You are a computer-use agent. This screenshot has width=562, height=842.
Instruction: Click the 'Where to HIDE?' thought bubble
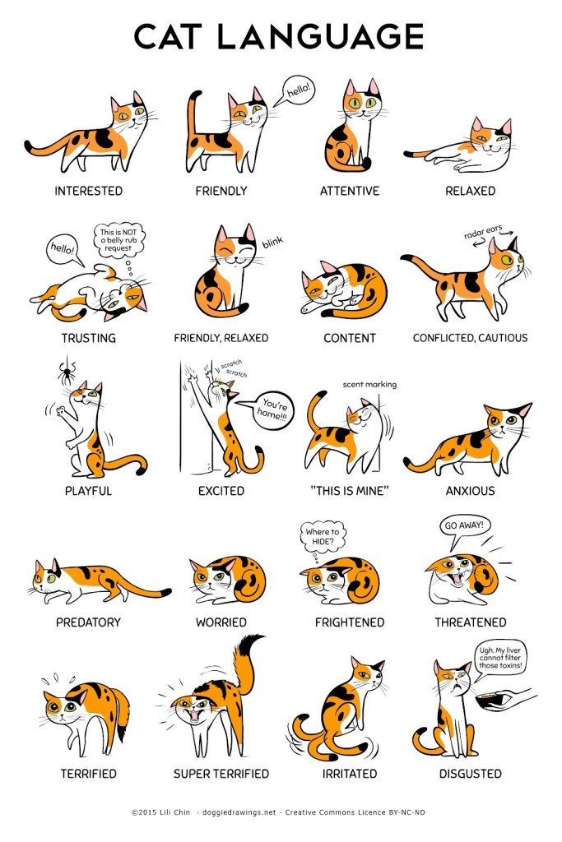pos(323,537)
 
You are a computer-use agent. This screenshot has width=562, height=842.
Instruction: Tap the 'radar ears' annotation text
pos(483,231)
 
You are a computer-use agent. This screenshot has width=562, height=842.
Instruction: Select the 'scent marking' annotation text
pos(369,385)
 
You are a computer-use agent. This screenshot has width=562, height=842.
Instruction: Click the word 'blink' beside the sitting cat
pos(272,243)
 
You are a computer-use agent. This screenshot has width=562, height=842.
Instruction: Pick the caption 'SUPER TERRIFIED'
pos(221,774)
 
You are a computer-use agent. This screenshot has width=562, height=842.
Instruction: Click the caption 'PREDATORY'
pos(88,622)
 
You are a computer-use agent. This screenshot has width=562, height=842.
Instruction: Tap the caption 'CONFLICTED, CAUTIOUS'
pos(470,338)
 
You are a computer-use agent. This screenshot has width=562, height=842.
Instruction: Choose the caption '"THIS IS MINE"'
pos(349,491)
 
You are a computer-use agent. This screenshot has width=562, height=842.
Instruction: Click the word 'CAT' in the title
pos(168,36)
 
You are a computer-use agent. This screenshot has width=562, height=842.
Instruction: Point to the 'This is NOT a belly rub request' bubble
pos(119,240)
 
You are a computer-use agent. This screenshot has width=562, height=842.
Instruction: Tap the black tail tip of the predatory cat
pos(165,592)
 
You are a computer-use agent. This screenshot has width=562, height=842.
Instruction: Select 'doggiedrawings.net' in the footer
pos(239,812)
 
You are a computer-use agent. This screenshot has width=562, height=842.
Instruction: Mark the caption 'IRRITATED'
pos(349,774)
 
